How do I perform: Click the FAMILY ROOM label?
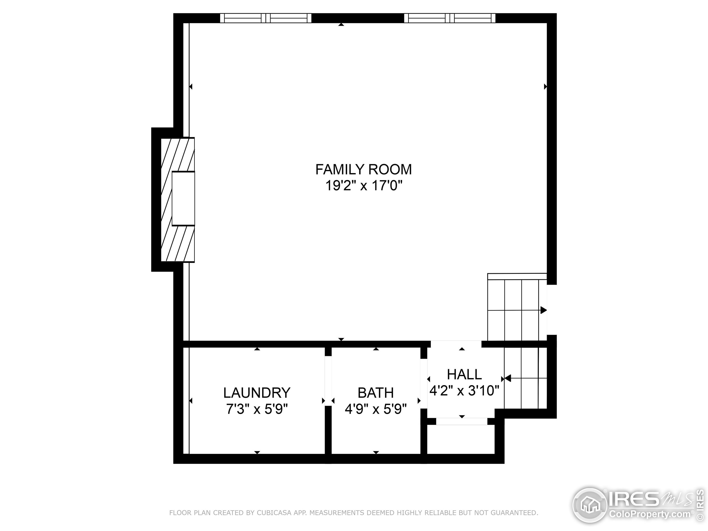click(363, 170)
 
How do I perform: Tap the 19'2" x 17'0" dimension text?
click(363, 186)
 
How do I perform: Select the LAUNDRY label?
click(257, 393)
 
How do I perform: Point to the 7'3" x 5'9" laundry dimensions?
click(257, 409)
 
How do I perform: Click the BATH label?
click(376, 393)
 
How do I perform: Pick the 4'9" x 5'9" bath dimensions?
click(376, 409)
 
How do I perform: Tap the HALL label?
click(464, 374)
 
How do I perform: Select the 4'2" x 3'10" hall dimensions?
click(464, 391)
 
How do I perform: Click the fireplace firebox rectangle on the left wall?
click(183, 199)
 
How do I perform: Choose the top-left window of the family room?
click(266, 18)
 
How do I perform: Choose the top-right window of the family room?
click(450, 18)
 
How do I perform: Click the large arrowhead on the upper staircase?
click(543, 310)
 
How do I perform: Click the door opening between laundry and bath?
click(328, 381)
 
